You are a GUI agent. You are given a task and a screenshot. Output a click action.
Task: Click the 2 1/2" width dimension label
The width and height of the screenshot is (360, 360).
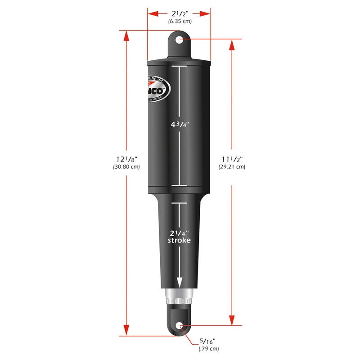(x=180, y=13)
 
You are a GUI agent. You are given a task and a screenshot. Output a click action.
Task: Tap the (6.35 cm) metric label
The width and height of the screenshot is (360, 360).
(x=180, y=21)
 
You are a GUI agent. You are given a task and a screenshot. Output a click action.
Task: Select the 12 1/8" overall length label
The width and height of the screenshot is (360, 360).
(x=126, y=158)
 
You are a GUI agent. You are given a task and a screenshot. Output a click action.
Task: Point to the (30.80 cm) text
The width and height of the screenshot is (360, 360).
(x=126, y=167)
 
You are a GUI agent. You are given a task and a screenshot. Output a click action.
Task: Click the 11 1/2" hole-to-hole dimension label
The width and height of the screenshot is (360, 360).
(x=233, y=158)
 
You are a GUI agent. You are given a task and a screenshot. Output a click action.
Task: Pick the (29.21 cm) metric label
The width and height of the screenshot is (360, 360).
(x=233, y=167)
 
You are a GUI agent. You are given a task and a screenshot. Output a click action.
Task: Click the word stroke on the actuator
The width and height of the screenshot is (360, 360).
(x=180, y=240)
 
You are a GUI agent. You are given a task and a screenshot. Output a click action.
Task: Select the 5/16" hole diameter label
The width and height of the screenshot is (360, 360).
(x=208, y=341)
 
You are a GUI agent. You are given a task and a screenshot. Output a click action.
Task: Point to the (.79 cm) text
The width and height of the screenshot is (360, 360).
(x=208, y=349)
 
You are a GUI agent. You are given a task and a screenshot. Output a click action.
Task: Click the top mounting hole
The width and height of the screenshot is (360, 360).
(x=180, y=40)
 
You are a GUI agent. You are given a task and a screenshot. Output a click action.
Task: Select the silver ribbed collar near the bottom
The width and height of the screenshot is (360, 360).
(x=180, y=297)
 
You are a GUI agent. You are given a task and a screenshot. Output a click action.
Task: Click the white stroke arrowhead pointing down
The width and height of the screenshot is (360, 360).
(x=180, y=283)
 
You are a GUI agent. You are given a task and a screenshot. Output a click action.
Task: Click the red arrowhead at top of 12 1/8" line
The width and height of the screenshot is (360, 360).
(x=126, y=35)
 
